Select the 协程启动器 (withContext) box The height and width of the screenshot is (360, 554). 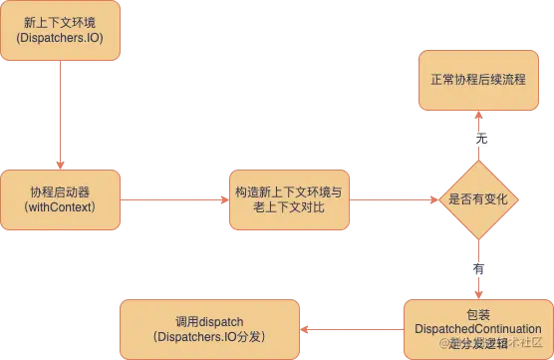(61, 197)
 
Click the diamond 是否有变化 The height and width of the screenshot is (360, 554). (480, 199)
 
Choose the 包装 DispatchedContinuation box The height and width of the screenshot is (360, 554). (477, 328)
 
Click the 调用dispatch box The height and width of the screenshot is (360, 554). (210, 328)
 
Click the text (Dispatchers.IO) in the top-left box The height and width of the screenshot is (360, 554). (61, 38)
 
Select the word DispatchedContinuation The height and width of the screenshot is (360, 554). (478, 329)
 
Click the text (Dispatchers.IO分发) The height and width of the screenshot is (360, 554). (208, 337)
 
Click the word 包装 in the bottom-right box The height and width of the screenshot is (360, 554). (478, 314)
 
